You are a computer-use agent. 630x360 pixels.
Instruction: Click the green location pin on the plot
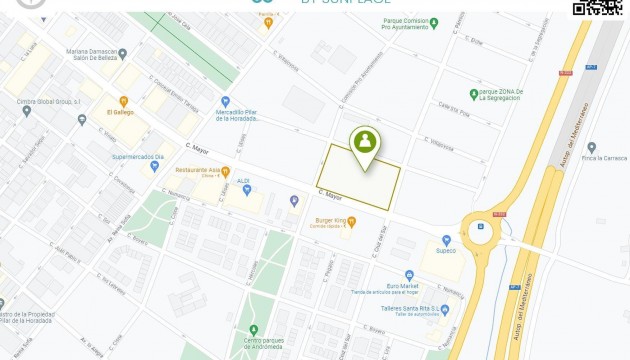coord(365,142)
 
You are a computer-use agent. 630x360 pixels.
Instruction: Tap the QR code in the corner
coord(597,7)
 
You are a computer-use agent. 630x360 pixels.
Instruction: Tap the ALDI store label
coord(243,181)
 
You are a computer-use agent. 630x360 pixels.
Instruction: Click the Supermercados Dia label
coord(138,156)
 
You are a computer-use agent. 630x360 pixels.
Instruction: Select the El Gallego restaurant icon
coord(123,101)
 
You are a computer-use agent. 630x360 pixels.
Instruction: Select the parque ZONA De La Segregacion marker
coord(474,94)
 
